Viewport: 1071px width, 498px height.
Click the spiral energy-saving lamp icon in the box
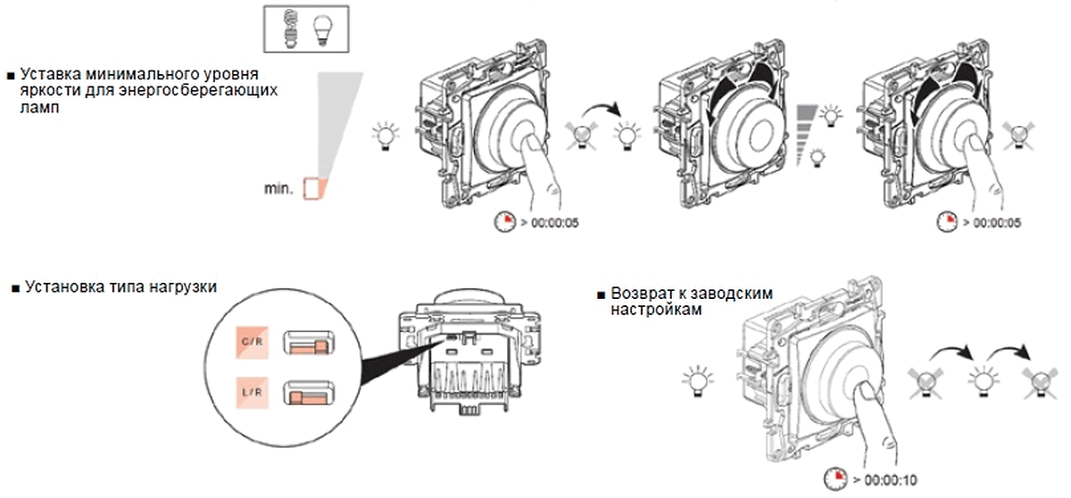pyautogui.click(x=290, y=29)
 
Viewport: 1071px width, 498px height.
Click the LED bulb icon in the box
pyautogui.click(x=323, y=30)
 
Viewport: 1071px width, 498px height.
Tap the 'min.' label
pyautogui.click(x=278, y=188)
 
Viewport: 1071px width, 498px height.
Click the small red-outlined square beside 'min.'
pyautogui.click(x=311, y=188)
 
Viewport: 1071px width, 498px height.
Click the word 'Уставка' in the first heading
pyautogui.click(x=51, y=75)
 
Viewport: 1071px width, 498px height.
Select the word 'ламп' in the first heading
pyautogui.click(x=40, y=107)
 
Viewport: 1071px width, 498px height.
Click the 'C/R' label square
pyautogui.click(x=252, y=342)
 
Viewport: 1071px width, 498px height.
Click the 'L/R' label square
pyautogui.click(x=252, y=393)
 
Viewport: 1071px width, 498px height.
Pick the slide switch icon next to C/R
pyautogui.click(x=309, y=343)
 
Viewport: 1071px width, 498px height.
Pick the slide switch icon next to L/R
pyautogui.click(x=309, y=393)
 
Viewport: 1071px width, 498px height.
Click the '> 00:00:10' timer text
pyautogui.click(x=885, y=480)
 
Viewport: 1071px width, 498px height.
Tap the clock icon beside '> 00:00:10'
pyautogui.click(x=835, y=478)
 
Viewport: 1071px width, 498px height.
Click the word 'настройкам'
pyautogui.click(x=657, y=310)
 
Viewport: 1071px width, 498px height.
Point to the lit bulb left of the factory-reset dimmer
pyautogui.click(x=698, y=381)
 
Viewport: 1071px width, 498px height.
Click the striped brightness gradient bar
pyautogui.click(x=807, y=136)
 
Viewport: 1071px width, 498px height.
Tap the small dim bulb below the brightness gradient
pyautogui.click(x=818, y=158)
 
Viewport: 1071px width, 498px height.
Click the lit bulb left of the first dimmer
pyautogui.click(x=386, y=137)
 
